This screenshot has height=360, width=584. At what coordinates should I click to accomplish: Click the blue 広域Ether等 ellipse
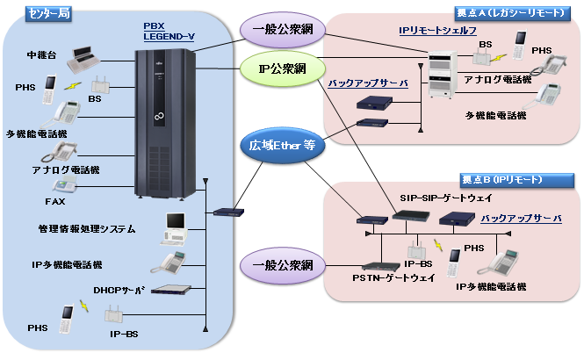point(279,147)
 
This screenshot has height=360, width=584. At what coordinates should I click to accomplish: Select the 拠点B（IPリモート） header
point(500,179)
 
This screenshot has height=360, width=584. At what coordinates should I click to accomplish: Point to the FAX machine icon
point(63,187)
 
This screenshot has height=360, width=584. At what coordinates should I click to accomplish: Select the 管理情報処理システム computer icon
point(174,227)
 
